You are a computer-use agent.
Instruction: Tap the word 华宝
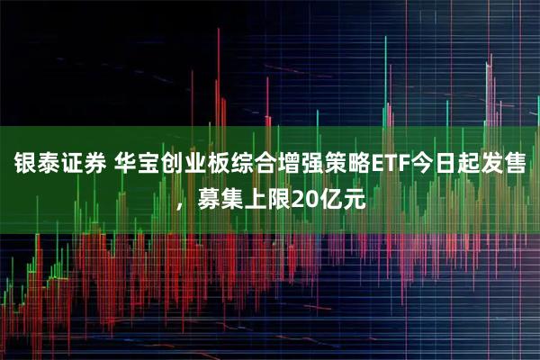[138, 165]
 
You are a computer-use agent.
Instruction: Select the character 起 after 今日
[480, 165]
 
